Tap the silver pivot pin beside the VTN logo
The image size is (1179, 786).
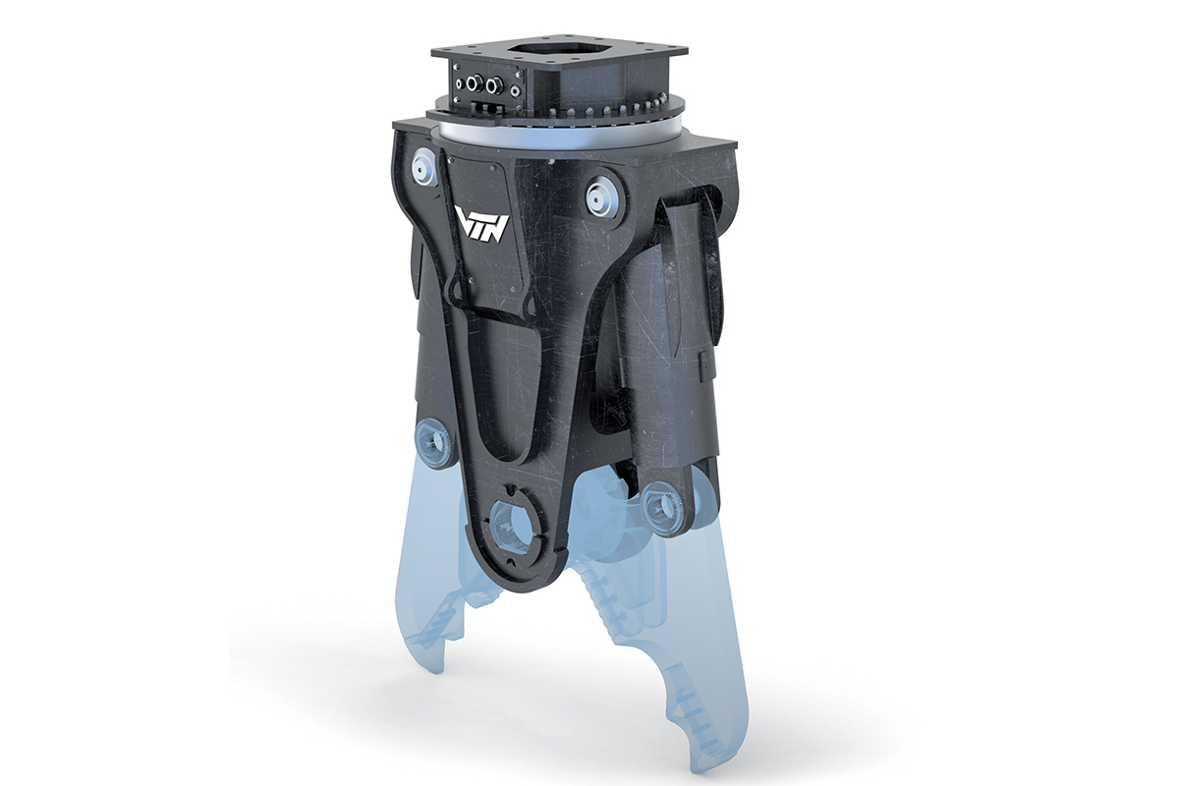[424, 164]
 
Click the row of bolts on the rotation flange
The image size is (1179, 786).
[619, 107]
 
